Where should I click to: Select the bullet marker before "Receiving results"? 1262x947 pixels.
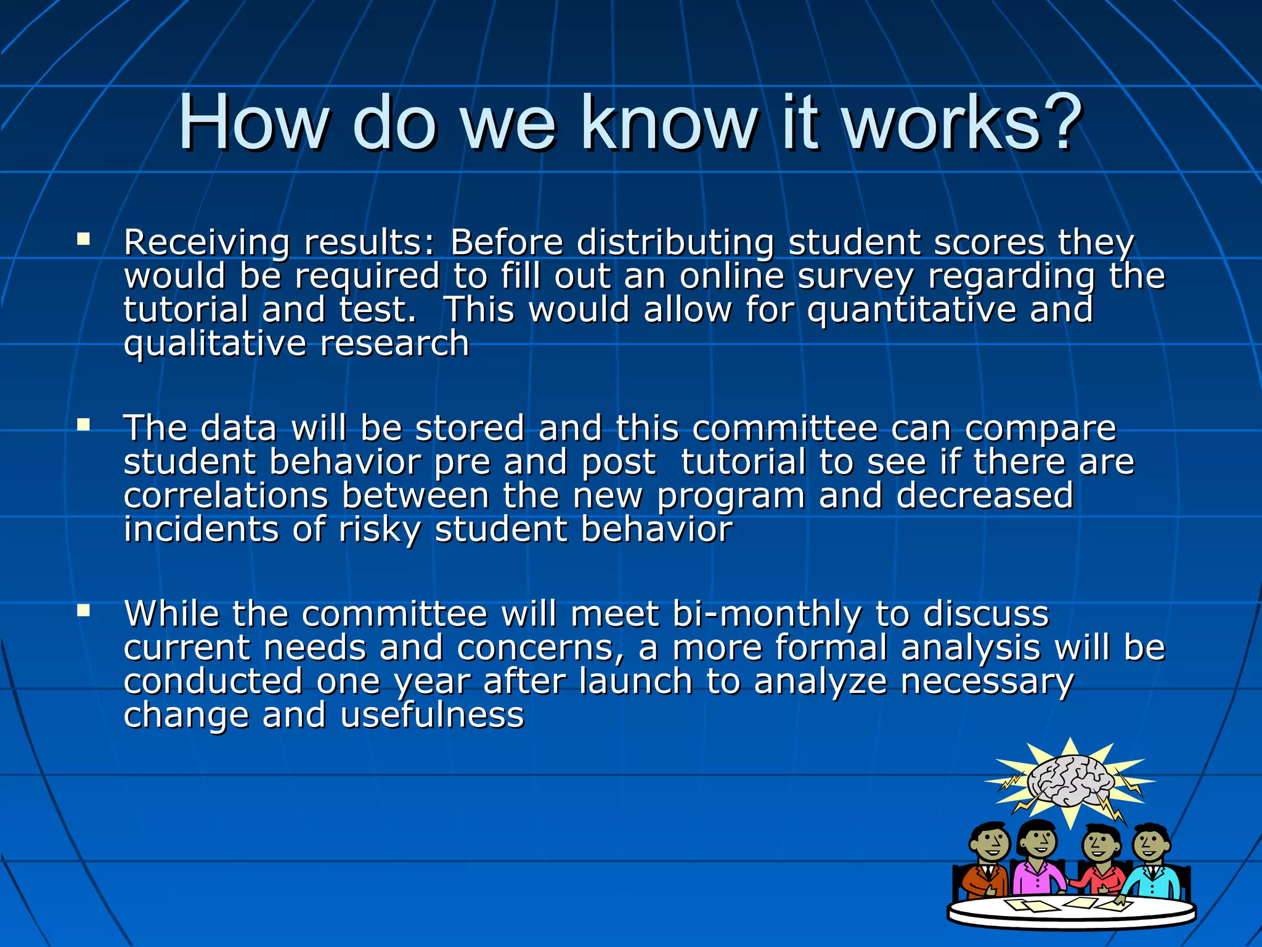(x=84, y=239)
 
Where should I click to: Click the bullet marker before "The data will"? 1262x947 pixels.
(x=84, y=424)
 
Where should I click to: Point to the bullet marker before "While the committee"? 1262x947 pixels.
(x=84, y=610)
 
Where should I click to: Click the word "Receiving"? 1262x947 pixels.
(x=206, y=243)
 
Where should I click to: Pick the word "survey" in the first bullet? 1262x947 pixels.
(x=855, y=277)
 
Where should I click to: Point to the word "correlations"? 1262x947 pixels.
(x=226, y=496)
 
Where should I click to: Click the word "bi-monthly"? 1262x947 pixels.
(x=767, y=615)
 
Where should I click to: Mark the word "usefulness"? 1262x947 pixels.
(x=432, y=715)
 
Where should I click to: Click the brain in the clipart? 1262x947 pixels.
(x=1070, y=781)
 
